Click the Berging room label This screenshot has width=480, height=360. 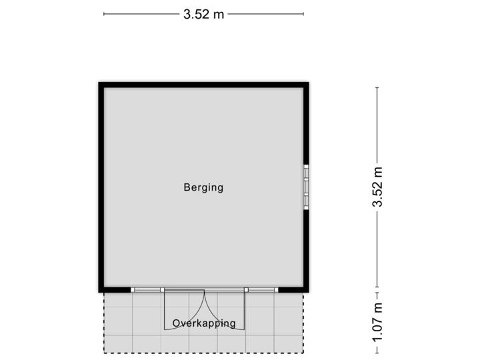point(203,188)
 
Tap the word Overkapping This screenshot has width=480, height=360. point(204,324)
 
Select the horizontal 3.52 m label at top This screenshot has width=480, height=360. point(203,14)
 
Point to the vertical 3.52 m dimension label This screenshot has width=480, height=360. point(377,187)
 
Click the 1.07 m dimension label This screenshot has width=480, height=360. point(377,323)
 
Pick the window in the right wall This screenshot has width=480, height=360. point(307,187)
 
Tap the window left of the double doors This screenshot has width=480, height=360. point(147,290)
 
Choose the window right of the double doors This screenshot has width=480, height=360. point(261,290)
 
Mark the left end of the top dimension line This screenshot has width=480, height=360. point(103,14)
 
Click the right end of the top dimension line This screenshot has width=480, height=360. point(304,14)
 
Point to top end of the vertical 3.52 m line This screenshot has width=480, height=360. point(377,88)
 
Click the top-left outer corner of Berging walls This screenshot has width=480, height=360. point(97,80)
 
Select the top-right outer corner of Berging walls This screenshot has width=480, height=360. point(311,80)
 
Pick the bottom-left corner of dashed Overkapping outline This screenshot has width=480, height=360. point(103,353)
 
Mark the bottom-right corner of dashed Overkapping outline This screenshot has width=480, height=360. point(304,353)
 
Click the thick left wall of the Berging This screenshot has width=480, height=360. point(99,187)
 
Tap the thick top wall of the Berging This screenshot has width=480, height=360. point(203,83)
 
